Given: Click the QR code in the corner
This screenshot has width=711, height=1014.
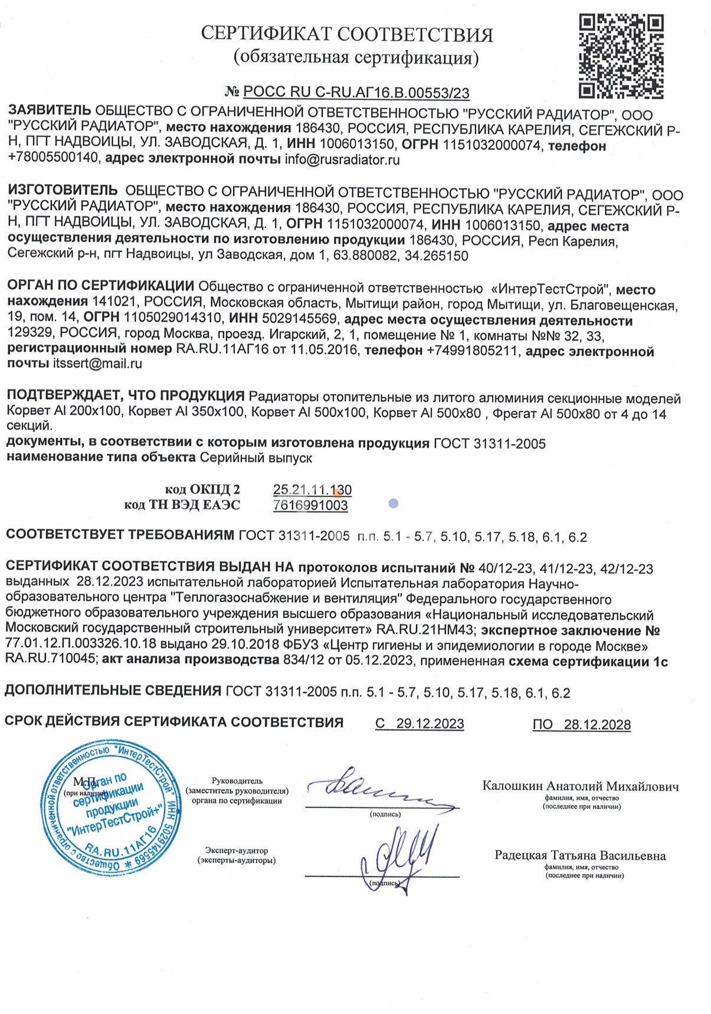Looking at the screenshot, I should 621,56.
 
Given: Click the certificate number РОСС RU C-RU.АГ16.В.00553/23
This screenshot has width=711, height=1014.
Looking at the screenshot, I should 356,92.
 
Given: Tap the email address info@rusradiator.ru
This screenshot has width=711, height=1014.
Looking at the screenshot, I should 342,160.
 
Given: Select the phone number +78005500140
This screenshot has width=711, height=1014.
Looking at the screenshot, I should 53,158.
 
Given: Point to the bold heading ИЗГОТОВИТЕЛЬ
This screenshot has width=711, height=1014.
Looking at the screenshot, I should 63,191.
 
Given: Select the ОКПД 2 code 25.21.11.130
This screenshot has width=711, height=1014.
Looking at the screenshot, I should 312,490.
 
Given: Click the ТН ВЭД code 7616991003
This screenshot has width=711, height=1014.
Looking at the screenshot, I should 310,505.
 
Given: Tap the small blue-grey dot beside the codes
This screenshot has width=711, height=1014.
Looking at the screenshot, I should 394,503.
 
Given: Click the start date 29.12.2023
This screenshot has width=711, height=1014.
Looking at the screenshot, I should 430,724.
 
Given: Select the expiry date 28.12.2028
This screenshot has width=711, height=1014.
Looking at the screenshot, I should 597,725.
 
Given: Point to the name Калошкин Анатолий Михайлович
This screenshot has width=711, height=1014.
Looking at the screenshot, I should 581,786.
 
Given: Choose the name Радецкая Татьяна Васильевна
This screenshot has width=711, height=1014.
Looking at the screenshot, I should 580,856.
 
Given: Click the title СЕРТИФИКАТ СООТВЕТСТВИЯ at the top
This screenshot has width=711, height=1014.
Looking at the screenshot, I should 347,34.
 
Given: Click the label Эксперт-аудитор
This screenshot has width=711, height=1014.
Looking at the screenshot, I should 237,851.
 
